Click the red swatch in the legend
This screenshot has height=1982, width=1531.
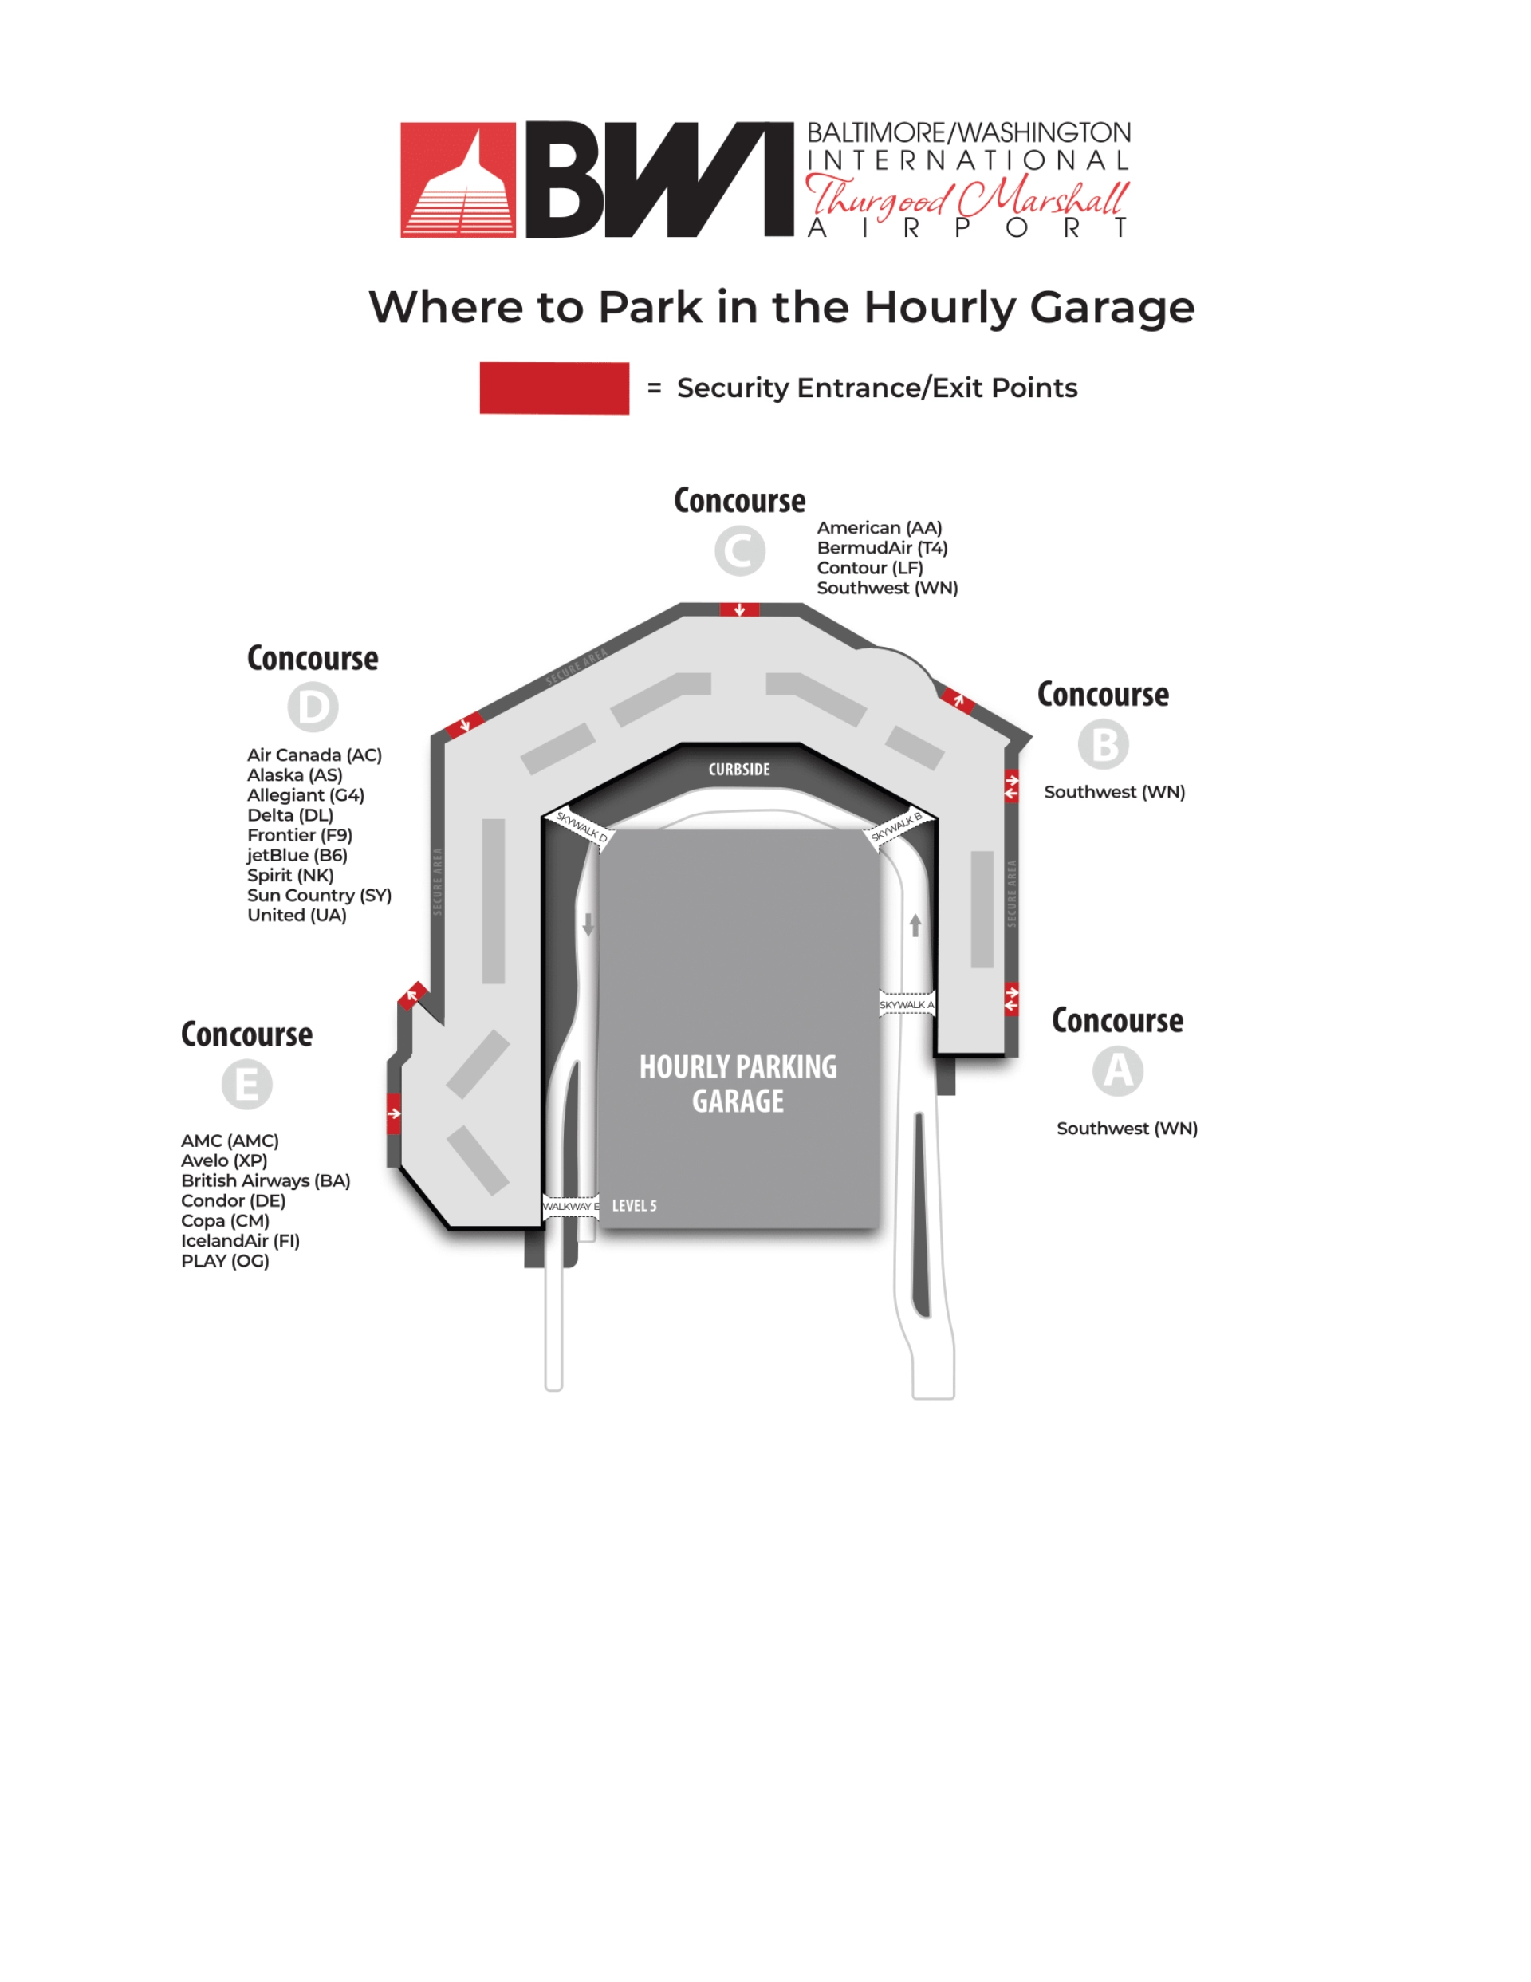point(553,388)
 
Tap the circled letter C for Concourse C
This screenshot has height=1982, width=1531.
point(740,551)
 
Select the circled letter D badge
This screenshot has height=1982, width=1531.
point(313,707)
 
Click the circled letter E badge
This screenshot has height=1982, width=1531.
point(247,1085)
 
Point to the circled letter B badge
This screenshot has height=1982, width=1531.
point(1104,744)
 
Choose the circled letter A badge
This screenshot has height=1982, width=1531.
point(1118,1071)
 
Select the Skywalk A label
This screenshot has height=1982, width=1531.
point(906,1005)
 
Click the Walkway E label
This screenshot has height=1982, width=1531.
point(571,1206)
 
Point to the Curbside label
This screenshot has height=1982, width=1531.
point(738,770)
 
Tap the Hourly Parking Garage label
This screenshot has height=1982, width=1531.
point(738,1084)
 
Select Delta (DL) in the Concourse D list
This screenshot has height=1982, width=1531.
point(290,815)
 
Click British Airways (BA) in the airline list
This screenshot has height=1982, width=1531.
point(265,1180)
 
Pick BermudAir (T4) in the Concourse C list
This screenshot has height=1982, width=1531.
point(881,548)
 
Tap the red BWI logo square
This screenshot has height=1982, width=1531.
point(459,179)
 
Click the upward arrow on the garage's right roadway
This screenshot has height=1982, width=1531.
point(915,924)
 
